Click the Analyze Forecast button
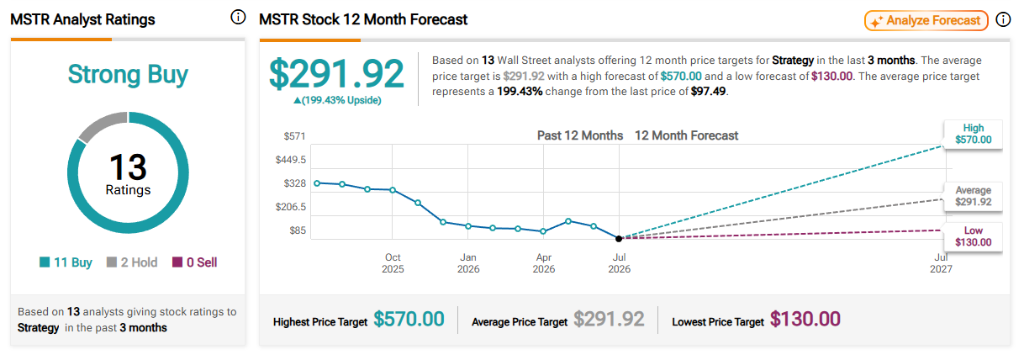point(926,20)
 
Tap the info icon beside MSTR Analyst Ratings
point(238,18)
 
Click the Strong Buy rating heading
point(128,75)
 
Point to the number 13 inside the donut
point(128,167)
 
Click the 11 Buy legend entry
point(66,262)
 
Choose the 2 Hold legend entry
point(132,262)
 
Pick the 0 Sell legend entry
point(195,262)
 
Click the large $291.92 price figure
point(336,74)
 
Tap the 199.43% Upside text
point(337,100)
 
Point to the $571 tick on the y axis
point(294,136)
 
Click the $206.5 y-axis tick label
point(290,207)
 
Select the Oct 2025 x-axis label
point(393,263)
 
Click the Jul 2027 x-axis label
point(941,263)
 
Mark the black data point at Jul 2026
point(619,238)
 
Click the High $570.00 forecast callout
point(974,134)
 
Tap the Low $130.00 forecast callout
point(974,236)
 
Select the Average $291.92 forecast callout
point(974,196)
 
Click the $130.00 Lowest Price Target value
point(805,320)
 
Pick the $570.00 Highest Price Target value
point(409,320)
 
